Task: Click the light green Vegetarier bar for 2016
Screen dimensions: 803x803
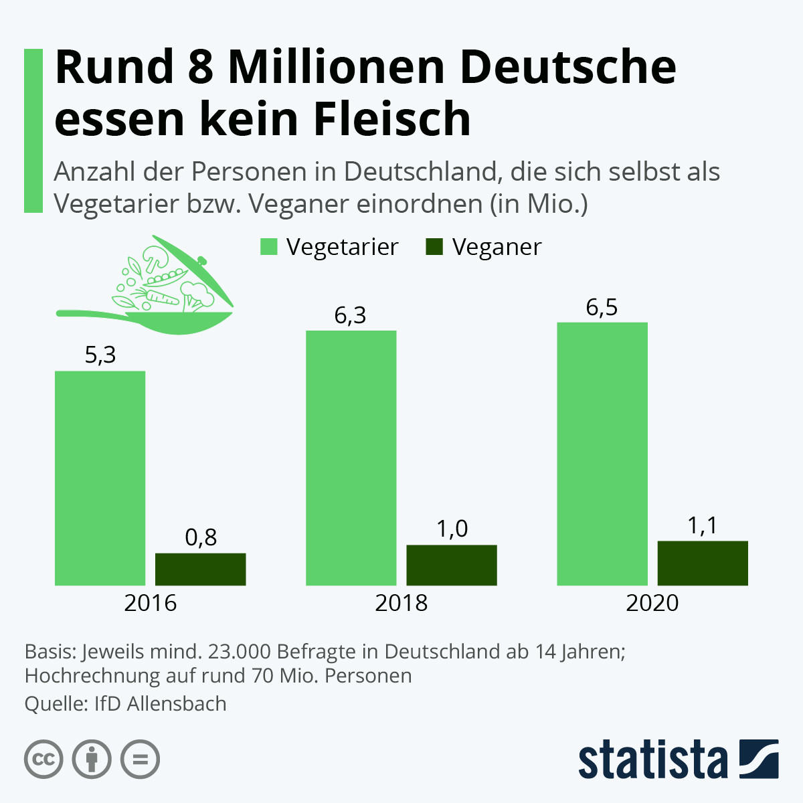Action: click(x=100, y=478)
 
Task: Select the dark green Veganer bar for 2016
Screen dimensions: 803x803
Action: click(x=200, y=569)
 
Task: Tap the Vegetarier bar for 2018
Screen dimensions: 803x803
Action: click(x=351, y=458)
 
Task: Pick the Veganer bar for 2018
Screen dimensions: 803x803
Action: click(x=452, y=565)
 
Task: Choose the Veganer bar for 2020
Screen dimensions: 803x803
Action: click(x=703, y=563)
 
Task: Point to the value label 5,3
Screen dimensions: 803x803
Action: click(x=100, y=355)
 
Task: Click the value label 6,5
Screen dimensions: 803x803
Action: click(x=602, y=308)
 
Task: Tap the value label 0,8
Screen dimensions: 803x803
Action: click(x=201, y=537)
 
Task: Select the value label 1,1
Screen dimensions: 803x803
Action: click(x=703, y=526)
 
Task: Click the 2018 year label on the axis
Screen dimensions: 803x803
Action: click(x=401, y=603)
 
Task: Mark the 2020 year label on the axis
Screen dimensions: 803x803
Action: click(x=652, y=603)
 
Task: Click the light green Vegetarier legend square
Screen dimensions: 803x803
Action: click(x=269, y=247)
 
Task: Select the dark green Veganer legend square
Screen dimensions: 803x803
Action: click(x=434, y=247)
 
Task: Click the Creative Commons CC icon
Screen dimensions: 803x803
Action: click(x=43, y=760)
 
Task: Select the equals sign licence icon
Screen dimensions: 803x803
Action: click(x=140, y=760)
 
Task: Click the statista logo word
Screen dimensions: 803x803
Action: click(x=652, y=760)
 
